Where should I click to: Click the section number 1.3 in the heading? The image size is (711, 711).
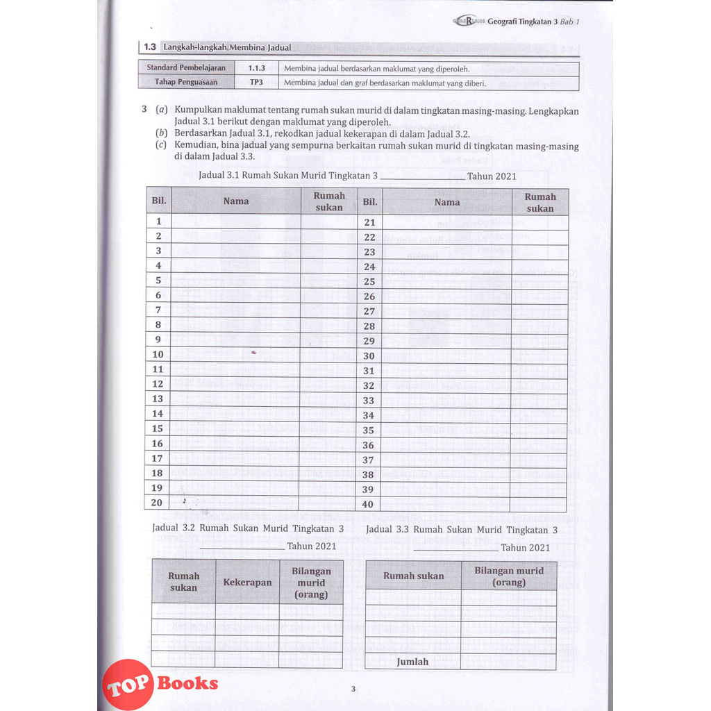coord(149,48)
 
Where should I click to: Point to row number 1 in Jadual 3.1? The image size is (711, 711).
coord(158,221)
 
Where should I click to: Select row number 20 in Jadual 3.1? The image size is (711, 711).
coord(158,503)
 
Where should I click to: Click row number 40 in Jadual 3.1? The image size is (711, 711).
coord(368,505)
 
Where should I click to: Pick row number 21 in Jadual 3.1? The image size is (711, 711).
coord(369,222)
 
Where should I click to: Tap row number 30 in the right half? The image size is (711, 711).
coord(369,356)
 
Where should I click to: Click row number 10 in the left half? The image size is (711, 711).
coord(158,354)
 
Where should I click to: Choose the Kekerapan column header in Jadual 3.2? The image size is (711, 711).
coord(247,583)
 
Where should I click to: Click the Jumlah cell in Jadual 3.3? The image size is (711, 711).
coord(412,662)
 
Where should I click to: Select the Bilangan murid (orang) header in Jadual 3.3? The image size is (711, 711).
coord(508,576)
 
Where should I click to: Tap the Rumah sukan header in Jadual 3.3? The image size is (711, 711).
coord(413,576)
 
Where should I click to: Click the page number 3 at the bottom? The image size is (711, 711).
coord(353,689)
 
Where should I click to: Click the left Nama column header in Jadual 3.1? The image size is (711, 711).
coord(235,201)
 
